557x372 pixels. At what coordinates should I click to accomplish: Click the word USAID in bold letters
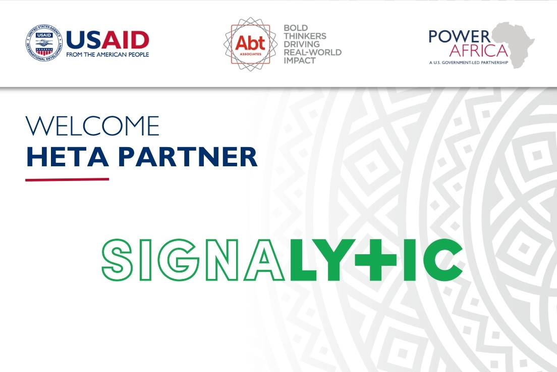click(x=107, y=40)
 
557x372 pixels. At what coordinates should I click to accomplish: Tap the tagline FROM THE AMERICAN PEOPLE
click(x=107, y=55)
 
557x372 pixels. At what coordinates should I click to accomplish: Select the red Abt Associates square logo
click(x=250, y=44)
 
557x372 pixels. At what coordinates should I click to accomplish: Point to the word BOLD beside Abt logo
click(x=296, y=28)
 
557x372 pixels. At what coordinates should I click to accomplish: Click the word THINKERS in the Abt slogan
click(x=305, y=36)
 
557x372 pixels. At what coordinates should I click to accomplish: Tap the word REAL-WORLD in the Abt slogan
click(x=313, y=52)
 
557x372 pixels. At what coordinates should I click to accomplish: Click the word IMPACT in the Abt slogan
click(x=300, y=60)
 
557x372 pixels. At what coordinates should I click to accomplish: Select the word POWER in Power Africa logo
click(x=459, y=36)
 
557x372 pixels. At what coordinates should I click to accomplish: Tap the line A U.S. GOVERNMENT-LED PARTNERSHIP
click(x=468, y=62)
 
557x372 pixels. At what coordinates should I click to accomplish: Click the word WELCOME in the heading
click(x=92, y=126)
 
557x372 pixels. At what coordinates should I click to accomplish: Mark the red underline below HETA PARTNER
click(x=67, y=179)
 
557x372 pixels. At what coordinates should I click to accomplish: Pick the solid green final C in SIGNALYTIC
click(x=442, y=259)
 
